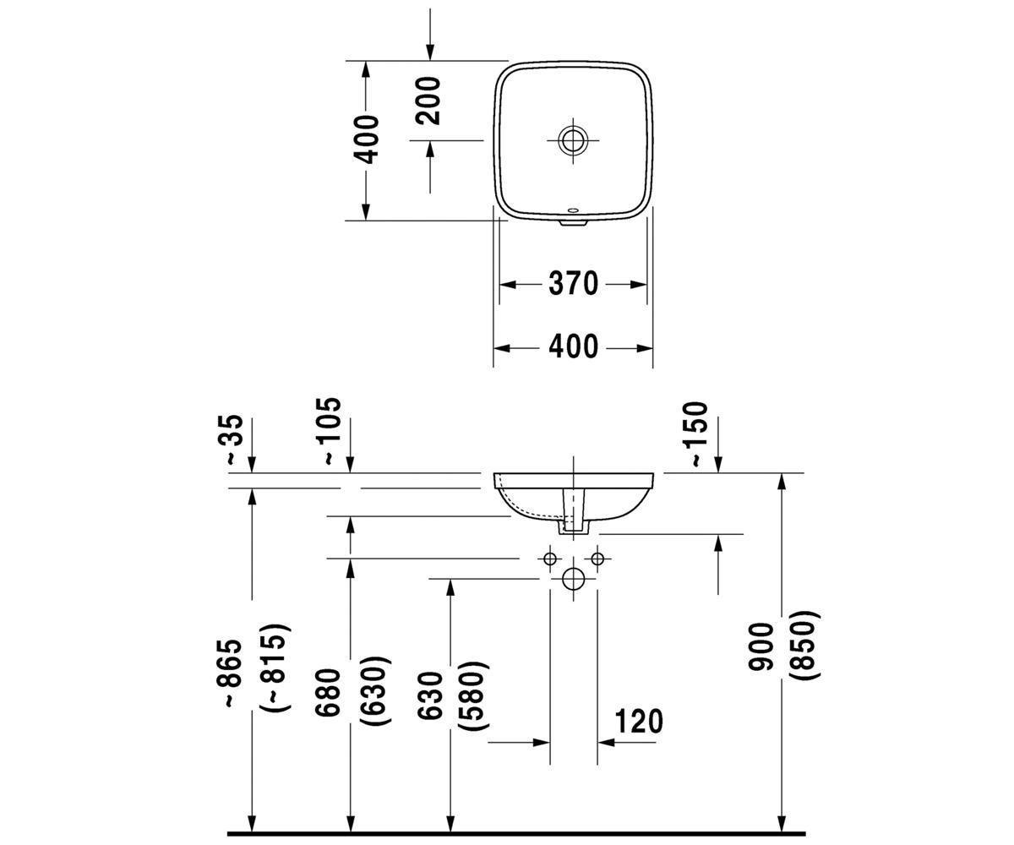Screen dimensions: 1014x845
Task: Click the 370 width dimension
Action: tap(573, 284)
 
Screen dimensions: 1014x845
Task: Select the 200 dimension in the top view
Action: tap(428, 101)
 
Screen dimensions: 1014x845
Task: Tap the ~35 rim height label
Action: tap(235, 439)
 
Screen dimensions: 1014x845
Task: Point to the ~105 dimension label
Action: tap(331, 431)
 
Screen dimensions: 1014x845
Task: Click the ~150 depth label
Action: tap(698, 434)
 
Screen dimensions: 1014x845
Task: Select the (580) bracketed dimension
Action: tap(473, 695)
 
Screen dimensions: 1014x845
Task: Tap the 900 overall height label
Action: tap(760, 647)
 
